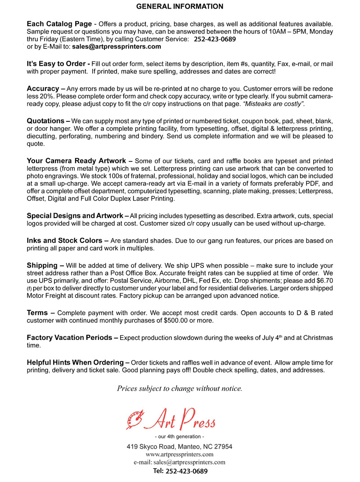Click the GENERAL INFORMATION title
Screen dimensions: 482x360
click(x=180, y=7)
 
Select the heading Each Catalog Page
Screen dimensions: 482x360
click(x=59, y=24)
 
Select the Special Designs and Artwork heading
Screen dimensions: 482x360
click(x=75, y=216)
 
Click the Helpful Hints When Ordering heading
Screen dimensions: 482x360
click(x=75, y=362)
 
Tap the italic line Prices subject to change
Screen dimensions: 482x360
click(x=180, y=388)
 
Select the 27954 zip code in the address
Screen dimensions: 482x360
click(x=222, y=446)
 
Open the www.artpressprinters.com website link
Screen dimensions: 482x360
click(x=180, y=455)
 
